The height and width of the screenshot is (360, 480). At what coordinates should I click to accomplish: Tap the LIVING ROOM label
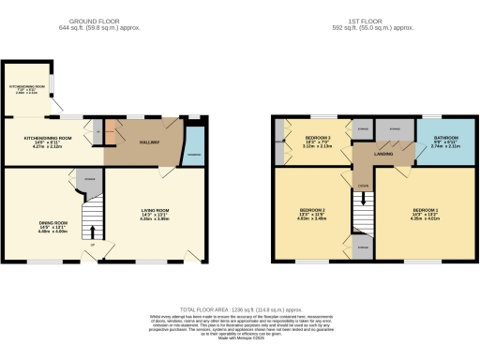pyautogui.click(x=157, y=210)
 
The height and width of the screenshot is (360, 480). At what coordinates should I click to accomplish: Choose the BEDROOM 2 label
pyautogui.click(x=311, y=210)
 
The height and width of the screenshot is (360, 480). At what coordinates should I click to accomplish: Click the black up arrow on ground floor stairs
pyautogui.click(x=91, y=228)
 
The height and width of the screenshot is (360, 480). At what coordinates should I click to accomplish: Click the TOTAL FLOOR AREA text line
pyautogui.click(x=241, y=307)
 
